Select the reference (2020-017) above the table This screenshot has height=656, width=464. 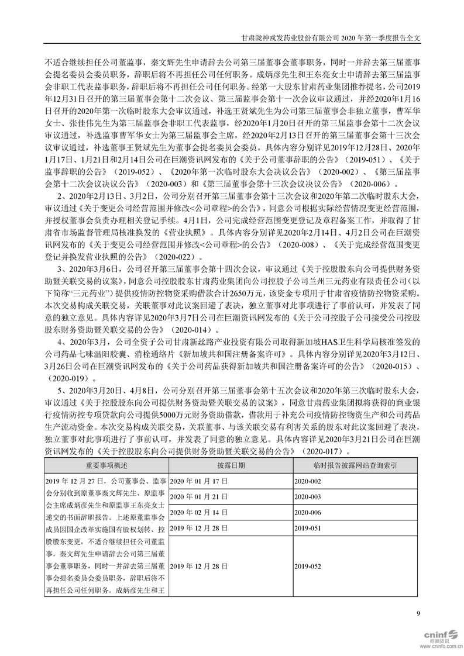click(324, 451)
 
